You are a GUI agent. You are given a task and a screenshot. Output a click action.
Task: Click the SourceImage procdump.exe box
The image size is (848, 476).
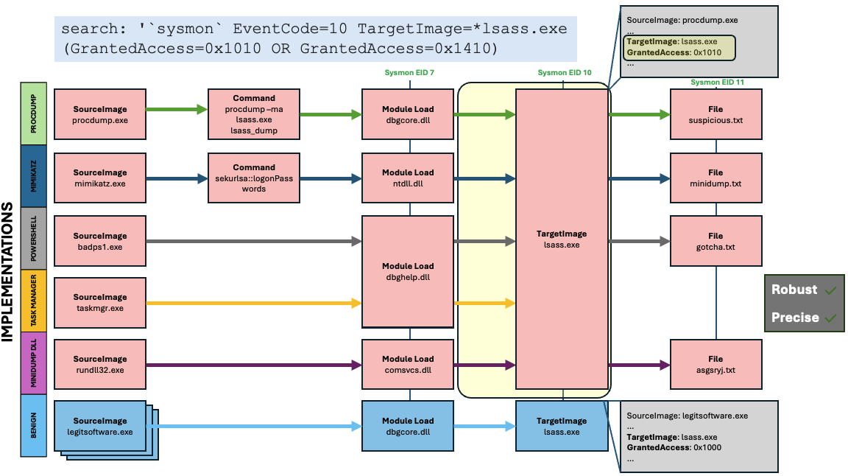point(100,113)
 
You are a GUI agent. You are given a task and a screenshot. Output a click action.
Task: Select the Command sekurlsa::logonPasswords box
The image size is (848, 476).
point(253,178)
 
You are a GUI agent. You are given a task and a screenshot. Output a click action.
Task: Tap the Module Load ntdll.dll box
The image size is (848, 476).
point(408,178)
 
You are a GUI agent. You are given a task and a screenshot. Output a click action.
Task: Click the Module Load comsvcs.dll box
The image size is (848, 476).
point(408,364)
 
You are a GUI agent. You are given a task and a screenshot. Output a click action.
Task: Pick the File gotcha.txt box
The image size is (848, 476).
point(715,241)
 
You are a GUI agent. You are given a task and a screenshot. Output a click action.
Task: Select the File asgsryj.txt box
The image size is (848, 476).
point(715,364)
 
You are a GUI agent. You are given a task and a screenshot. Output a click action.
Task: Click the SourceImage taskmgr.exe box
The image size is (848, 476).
point(100,303)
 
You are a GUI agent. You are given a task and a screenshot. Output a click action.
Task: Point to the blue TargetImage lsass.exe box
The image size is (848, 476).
point(562,426)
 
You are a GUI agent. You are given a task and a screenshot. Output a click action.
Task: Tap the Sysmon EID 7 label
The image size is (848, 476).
point(409,72)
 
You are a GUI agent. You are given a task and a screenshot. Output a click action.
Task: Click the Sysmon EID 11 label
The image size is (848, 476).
point(717,82)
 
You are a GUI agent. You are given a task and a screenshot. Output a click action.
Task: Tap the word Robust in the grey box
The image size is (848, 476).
point(794,290)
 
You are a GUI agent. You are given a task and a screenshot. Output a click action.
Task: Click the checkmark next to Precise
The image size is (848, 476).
point(830,318)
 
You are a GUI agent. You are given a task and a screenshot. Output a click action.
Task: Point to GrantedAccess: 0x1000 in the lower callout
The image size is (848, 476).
point(674,447)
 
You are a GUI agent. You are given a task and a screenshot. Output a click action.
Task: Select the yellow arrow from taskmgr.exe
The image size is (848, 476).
point(254,303)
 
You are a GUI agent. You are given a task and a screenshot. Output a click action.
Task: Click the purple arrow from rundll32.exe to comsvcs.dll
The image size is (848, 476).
point(254,364)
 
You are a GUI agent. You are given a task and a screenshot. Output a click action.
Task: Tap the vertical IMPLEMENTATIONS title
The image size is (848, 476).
point(8,271)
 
